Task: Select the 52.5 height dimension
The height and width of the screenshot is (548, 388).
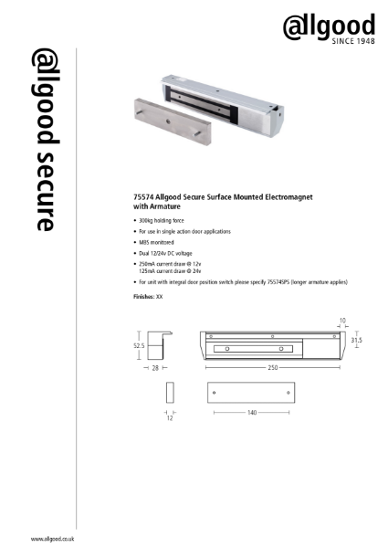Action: point(139,346)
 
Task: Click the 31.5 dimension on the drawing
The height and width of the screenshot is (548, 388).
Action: point(357,340)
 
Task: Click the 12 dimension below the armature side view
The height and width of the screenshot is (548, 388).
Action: point(169,418)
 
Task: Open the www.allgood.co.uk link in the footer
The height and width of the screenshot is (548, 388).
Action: point(52,540)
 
